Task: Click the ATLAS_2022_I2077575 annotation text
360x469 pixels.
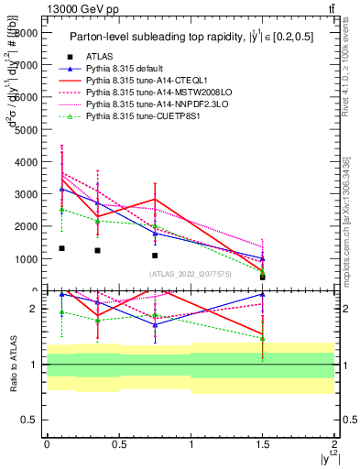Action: coord(190,273)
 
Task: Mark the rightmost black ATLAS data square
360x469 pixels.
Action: coord(263,277)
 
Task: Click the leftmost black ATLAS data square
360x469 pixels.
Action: coord(61,248)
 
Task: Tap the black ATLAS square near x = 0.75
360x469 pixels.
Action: coord(155,256)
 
